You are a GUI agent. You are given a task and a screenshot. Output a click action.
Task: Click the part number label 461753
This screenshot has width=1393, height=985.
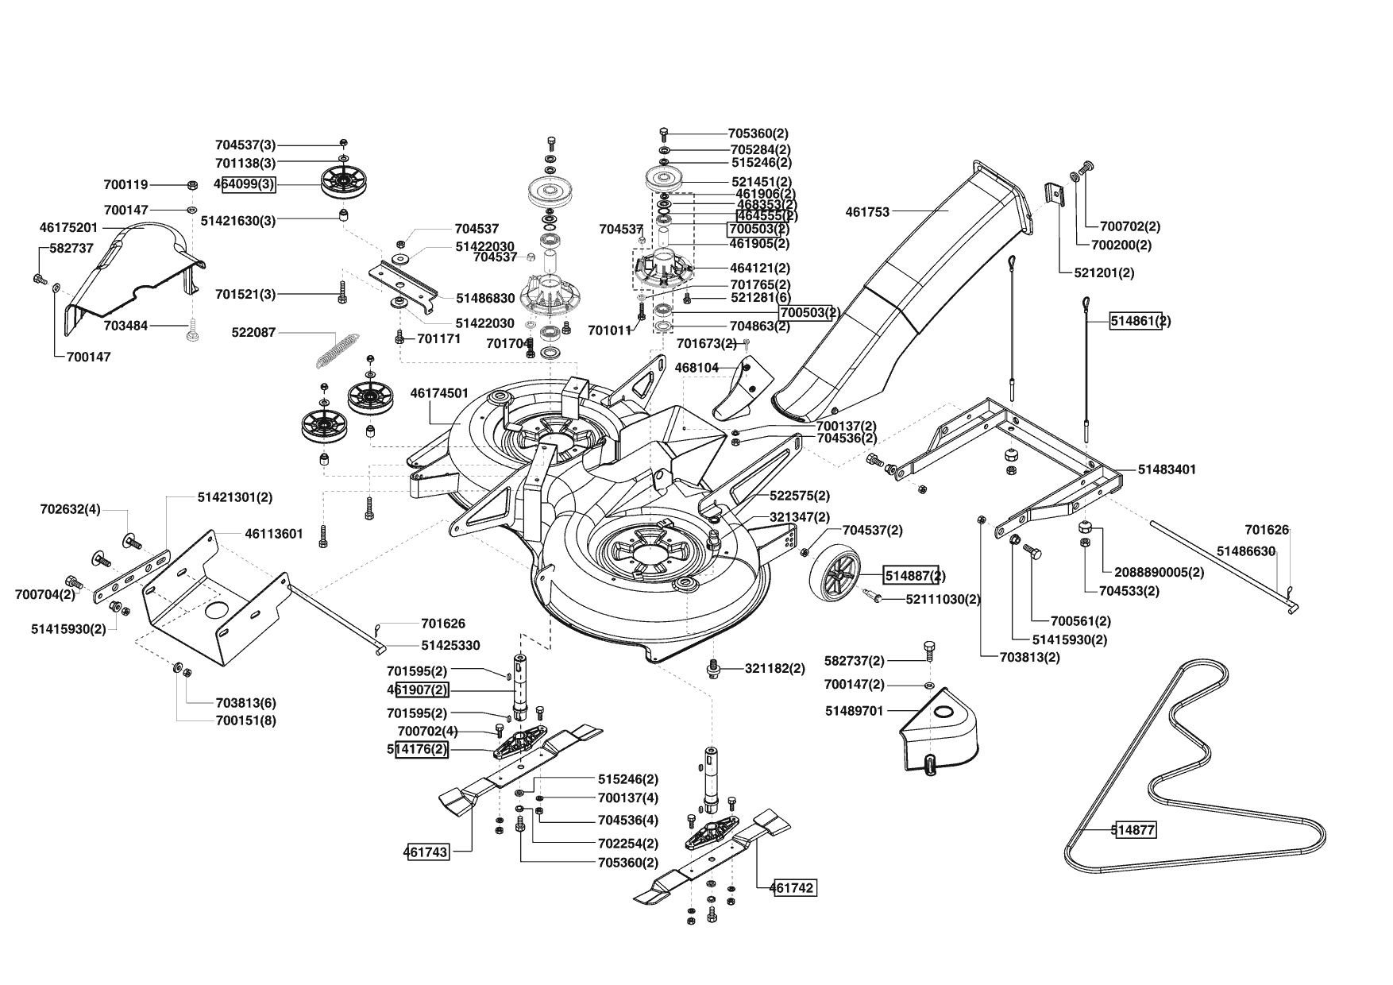pyautogui.click(x=867, y=212)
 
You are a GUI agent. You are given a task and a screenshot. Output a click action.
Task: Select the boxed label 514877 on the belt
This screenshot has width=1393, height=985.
pyautogui.click(x=1133, y=831)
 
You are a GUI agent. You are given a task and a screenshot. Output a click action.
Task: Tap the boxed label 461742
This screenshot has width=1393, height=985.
pyautogui.click(x=793, y=888)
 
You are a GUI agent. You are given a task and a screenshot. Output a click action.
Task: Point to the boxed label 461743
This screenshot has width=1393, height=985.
pyautogui.click(x=426, y=852)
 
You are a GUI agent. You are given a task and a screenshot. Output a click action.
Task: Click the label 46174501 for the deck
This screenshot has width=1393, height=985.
pyautogui.click(x=439, y=393)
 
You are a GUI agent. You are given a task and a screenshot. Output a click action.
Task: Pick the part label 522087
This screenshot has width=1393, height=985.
pyautogui.click(x=253, y=332)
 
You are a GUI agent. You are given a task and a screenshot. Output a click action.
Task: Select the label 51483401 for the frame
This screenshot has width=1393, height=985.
pyautogui.click(x=1167, y=469)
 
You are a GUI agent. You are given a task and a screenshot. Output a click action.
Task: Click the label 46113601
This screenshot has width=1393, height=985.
pyautogui.click(x=273, y=534)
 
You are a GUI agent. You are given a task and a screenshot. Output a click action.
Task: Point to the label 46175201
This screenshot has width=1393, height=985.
pyautogui.click(x=68, y=228)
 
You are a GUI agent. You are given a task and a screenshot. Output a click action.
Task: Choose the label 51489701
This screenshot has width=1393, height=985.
pyautogui.click(x=854, y=711)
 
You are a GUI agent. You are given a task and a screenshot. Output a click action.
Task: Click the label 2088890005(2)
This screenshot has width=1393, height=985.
pyautogui.click(x=1160, y=572)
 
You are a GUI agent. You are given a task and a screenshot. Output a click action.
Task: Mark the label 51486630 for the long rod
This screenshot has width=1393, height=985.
pyautogui.click(x=1246, y=550)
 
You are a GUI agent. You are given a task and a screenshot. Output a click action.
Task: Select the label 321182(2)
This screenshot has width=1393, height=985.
pyautogui.click(x=774, y=669)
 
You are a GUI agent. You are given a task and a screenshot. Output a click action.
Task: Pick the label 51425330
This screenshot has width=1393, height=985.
pyautogui.click(x=450, y=646)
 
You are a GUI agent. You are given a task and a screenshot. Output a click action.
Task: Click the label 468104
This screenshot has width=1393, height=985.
pyautogui.click(x=696, y=368)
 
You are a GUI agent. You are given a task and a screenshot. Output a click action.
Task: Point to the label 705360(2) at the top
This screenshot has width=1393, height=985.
pyautogui.click(x=758, y=134)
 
